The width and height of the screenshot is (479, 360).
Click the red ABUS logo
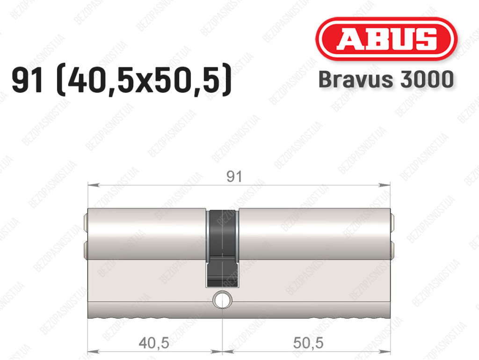[386, 39]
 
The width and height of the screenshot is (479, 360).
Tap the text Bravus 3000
[386, 80]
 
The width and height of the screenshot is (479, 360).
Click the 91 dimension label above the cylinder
[234, 176]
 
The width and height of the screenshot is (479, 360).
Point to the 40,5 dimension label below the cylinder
[154, 343]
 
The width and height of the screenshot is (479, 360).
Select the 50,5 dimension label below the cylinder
[308, 343]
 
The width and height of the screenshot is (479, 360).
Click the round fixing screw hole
[222, 300]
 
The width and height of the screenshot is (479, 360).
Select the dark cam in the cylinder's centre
[222, 248]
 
